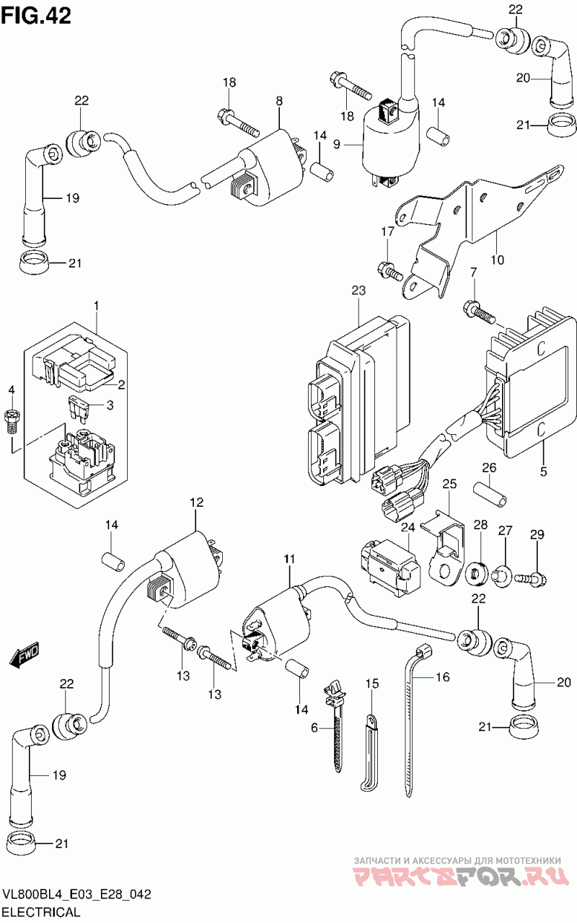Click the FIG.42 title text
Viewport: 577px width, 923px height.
coord(36,16)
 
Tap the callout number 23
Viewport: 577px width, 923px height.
coord(359,291)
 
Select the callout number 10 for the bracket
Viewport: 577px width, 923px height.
coord(497,259)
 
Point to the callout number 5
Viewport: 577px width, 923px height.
coord(544,472)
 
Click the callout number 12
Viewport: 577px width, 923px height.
coord(197,503)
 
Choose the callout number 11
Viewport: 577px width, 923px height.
coord(290,559)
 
